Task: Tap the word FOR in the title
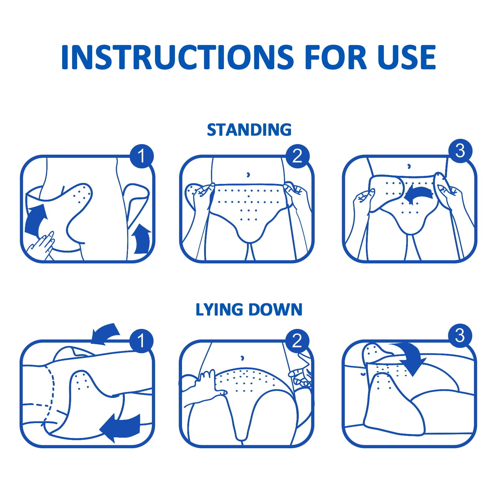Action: [x=336, y=57]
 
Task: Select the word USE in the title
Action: [x=407, y=57]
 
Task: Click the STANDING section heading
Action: [x=249, y=130]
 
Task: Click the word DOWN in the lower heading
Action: [x=275, y=310]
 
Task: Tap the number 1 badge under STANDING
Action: [x=142, y=156]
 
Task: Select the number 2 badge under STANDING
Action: [x=298, y=156]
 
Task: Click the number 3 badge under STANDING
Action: [x=460, y=151]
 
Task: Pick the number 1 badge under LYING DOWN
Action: [x=142, y=341]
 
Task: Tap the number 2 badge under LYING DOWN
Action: [x=298, y=341]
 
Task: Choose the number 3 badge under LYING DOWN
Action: [x=460, y=336]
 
